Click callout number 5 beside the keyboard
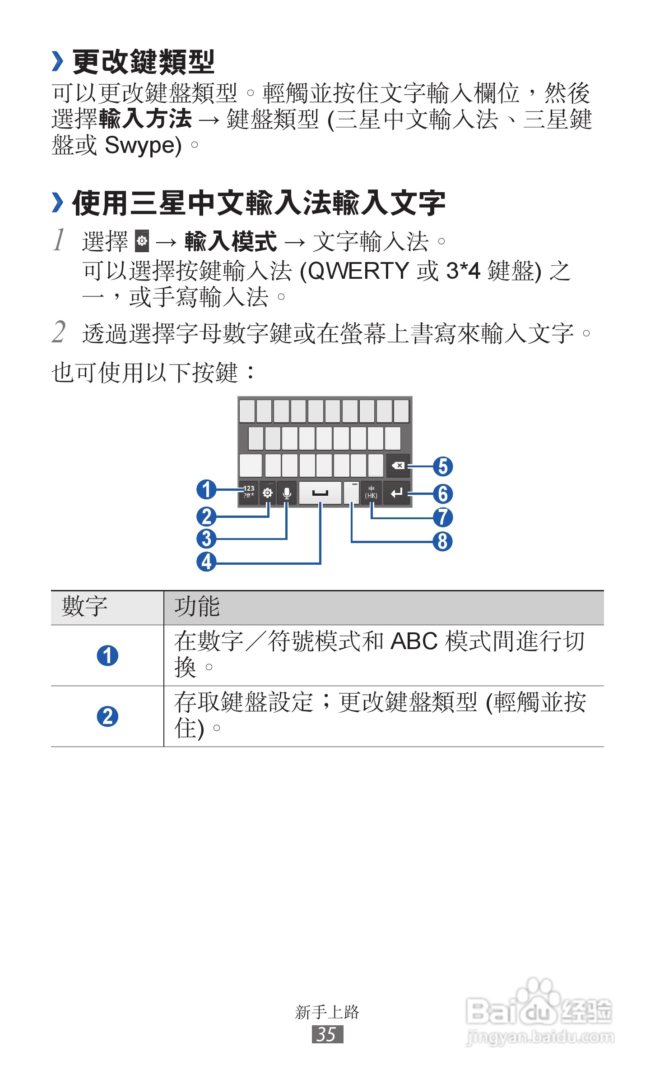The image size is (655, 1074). (443, 466)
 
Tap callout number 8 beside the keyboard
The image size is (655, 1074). (443, 541)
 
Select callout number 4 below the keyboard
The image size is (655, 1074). (206, 562)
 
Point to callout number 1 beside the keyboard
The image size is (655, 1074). (206, 489)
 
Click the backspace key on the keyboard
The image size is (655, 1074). (398, 466)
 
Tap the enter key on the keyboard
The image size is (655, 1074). (396, 493)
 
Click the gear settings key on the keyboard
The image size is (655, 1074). (268, 493)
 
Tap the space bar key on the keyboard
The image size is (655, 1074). (320, 493)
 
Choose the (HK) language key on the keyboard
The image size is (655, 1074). (371, 493)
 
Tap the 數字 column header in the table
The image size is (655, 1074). (84, 607)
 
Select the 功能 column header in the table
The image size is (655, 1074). (197, 607)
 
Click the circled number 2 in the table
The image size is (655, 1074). (107, 716)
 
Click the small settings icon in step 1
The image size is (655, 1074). (142, 241)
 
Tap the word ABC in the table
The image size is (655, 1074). (414, 641)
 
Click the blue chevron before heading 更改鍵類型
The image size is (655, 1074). (57, 61)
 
